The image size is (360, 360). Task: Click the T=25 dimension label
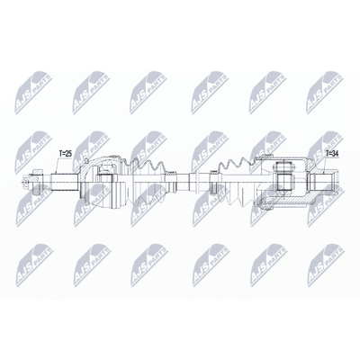(66, 154)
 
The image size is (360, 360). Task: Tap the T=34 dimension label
(332, 154)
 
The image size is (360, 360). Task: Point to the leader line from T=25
(58, 166)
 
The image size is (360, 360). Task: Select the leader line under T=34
(327, 165)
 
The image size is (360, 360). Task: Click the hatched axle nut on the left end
(36, 182)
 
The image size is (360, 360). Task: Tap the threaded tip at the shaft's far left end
(24, 182)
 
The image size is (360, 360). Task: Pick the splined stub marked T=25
(64, 182)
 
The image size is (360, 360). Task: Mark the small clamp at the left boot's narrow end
(172, 182)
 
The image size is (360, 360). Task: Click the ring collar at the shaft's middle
(193, 182)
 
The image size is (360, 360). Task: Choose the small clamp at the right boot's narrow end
(213, 182)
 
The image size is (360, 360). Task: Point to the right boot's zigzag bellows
(237, 182)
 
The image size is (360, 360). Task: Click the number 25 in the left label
(68, 154)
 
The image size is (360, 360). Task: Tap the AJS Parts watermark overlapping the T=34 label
(326, 150)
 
